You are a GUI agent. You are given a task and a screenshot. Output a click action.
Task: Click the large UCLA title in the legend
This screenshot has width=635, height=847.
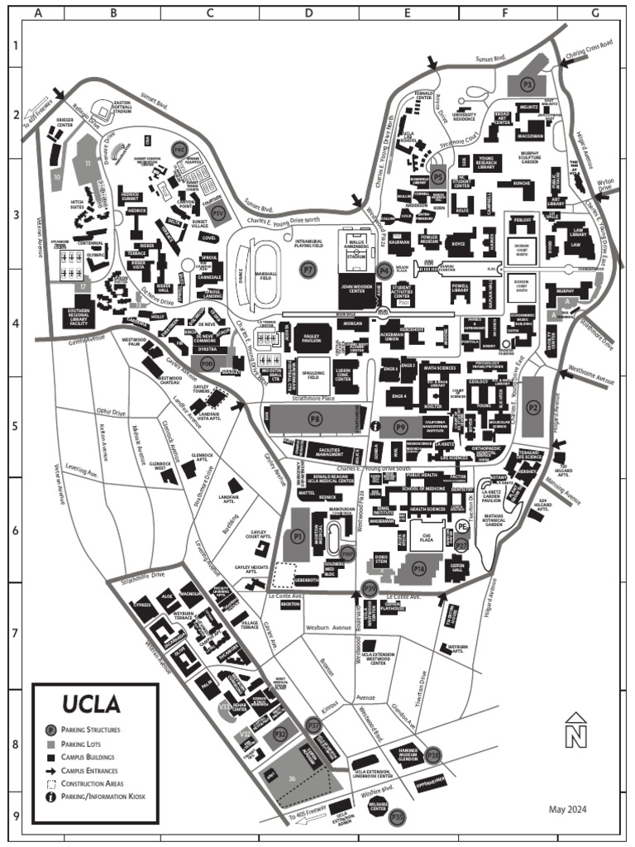coord(92,704)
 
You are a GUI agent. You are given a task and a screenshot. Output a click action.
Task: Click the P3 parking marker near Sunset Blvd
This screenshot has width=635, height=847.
coord(527,84)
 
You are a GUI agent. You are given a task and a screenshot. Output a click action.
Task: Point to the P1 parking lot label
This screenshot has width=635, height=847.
coord(299,536)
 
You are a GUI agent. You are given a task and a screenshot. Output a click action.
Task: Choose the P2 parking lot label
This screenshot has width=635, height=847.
coord(533,406)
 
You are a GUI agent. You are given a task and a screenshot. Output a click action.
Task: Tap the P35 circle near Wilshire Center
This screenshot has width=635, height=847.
coord(398,816)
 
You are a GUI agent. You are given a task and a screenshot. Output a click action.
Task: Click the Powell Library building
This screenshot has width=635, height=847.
coord(460,289)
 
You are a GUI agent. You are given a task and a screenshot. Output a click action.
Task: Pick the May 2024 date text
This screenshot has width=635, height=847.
coord(567,809)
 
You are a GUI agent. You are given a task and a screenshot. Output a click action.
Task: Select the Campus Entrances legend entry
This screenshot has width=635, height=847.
coord(92,770)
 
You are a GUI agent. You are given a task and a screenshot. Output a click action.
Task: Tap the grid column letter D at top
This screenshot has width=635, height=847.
coord(308,13)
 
